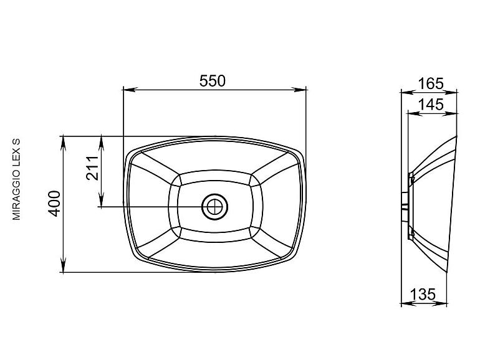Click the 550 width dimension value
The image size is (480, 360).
coord(212,81)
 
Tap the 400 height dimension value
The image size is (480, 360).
coord(55,204)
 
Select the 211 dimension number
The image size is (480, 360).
coord(92,168)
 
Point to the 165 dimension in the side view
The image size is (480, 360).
coord(430,83)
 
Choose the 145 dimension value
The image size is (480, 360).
coord(430,104)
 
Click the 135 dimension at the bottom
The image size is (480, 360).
coord(423,294)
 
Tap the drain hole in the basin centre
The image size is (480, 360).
coord(215,207)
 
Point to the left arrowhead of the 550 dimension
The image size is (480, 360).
coord(129,90)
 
